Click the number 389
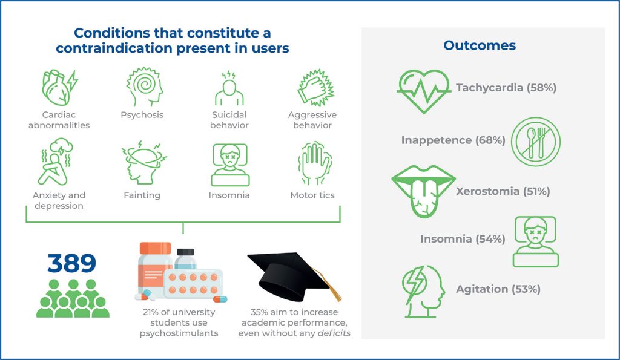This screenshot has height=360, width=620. tap(71, 263)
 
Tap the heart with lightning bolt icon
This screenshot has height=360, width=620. tap(60, 88)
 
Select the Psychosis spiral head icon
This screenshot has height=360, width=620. tap(144, 87)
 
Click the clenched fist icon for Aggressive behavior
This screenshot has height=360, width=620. tap(315, 88)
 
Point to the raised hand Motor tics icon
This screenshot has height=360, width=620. tap(314, 163)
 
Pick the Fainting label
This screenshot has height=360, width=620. tap(142, 195)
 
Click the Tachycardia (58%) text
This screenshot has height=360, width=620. tap(506, 87)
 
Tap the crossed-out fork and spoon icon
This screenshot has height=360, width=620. tap(536, 142)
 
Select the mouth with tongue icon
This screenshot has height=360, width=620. tap(423, 191)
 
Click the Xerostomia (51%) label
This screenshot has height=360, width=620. tap(503, 191)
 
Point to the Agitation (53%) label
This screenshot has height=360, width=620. tap(498, 289)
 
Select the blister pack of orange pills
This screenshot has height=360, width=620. tap(193, 284)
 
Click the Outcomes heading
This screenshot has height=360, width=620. tap(480, 45)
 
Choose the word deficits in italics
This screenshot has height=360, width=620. tap(334, 333)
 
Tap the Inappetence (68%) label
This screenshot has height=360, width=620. tap(453, 140)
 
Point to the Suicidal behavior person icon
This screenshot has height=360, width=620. tap(229, 88)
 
